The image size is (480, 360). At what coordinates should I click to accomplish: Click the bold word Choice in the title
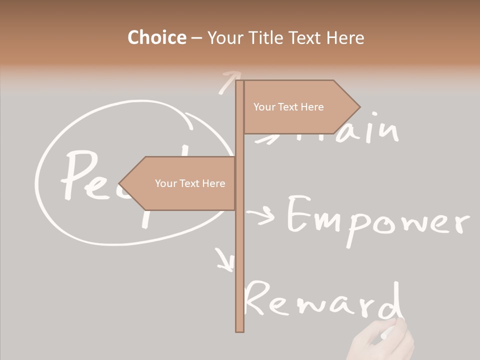click(x=156, y=37)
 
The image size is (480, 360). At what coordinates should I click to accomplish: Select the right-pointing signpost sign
click(x=300, y=107)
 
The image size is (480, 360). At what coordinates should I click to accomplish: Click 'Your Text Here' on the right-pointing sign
click(x=288, y=107)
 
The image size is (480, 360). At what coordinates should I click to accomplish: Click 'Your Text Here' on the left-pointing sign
click(x=190, y=183)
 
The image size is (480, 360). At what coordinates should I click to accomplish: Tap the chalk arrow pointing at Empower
click(x=261, y=216)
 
